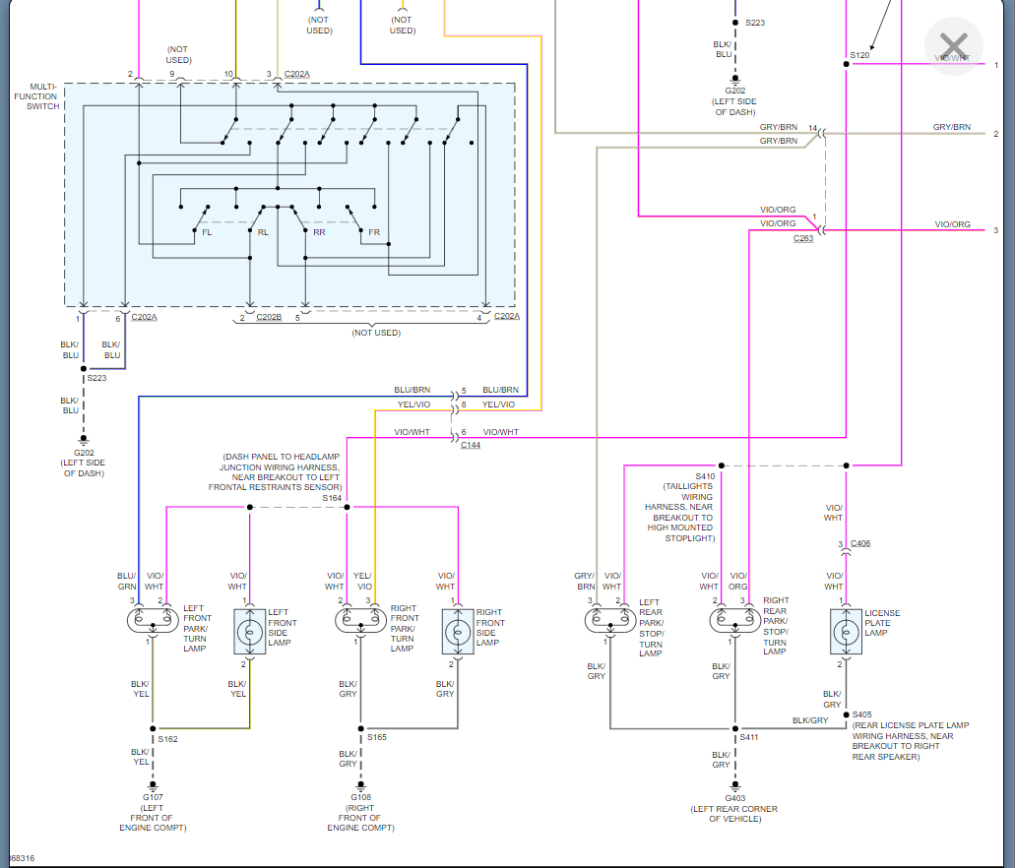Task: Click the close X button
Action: point(953,45)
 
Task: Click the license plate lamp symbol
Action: point(845,631)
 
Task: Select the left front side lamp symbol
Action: point(249,631)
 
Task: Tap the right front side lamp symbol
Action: point(458,631)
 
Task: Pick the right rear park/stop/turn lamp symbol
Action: point(733,621)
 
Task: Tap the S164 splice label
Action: point(332,498)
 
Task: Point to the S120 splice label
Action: point(859,55)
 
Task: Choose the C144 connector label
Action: point(472,446)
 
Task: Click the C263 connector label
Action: point(803,239)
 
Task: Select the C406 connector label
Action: point(860,543)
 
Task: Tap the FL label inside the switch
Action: point(207,233)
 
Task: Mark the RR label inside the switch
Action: point(319,233)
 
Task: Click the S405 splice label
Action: point(862,714)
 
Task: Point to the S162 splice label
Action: point(167,738)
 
